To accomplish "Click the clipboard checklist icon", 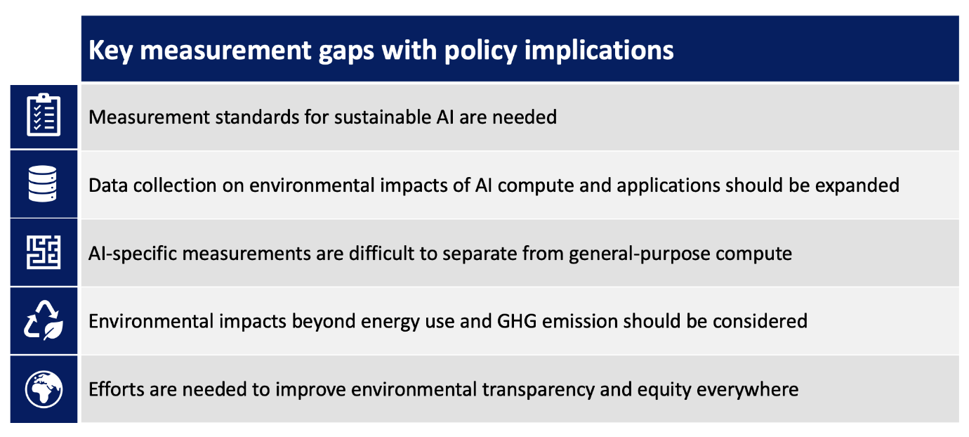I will click(44, 116).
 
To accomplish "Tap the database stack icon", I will click(44, 184).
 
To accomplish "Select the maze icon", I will click(44, 252).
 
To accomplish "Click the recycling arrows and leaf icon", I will click(44, 320).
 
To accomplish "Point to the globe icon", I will click(44, 389).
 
